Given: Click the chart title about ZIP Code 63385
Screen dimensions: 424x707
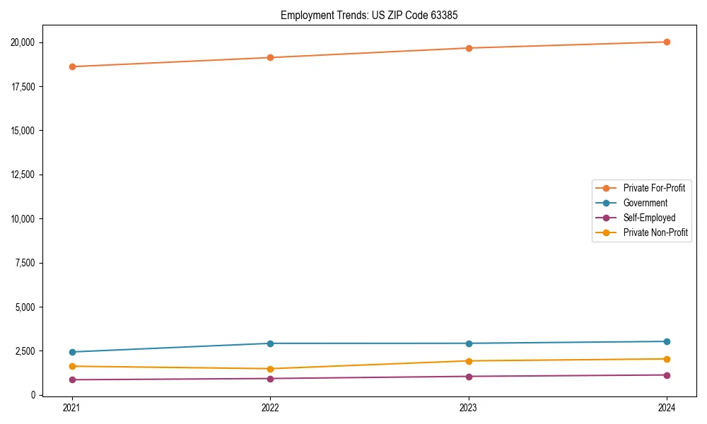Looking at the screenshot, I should pos(369,15).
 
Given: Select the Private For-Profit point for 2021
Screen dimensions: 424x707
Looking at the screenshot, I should pos(72,66).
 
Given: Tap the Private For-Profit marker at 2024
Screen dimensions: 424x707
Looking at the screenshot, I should pos(667,42).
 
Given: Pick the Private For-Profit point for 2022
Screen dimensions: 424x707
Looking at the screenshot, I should pos(270,57).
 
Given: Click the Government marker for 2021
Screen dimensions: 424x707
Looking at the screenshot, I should pos(72,352).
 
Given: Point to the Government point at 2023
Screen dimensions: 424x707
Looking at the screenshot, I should pos(469,343).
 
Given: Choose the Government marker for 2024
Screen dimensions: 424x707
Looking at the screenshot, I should pos(667,341).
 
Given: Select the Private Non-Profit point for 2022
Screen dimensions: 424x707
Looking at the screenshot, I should pos(270,369).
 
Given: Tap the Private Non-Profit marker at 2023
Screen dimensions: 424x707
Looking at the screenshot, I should pos(469,361).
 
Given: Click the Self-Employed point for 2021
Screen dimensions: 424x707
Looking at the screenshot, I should pos(72,379).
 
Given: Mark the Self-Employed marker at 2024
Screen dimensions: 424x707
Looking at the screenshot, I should pos(667,375).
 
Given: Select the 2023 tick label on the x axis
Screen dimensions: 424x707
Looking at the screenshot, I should pos(469,408).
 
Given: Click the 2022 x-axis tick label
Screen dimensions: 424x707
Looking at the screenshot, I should pos(270,408).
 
